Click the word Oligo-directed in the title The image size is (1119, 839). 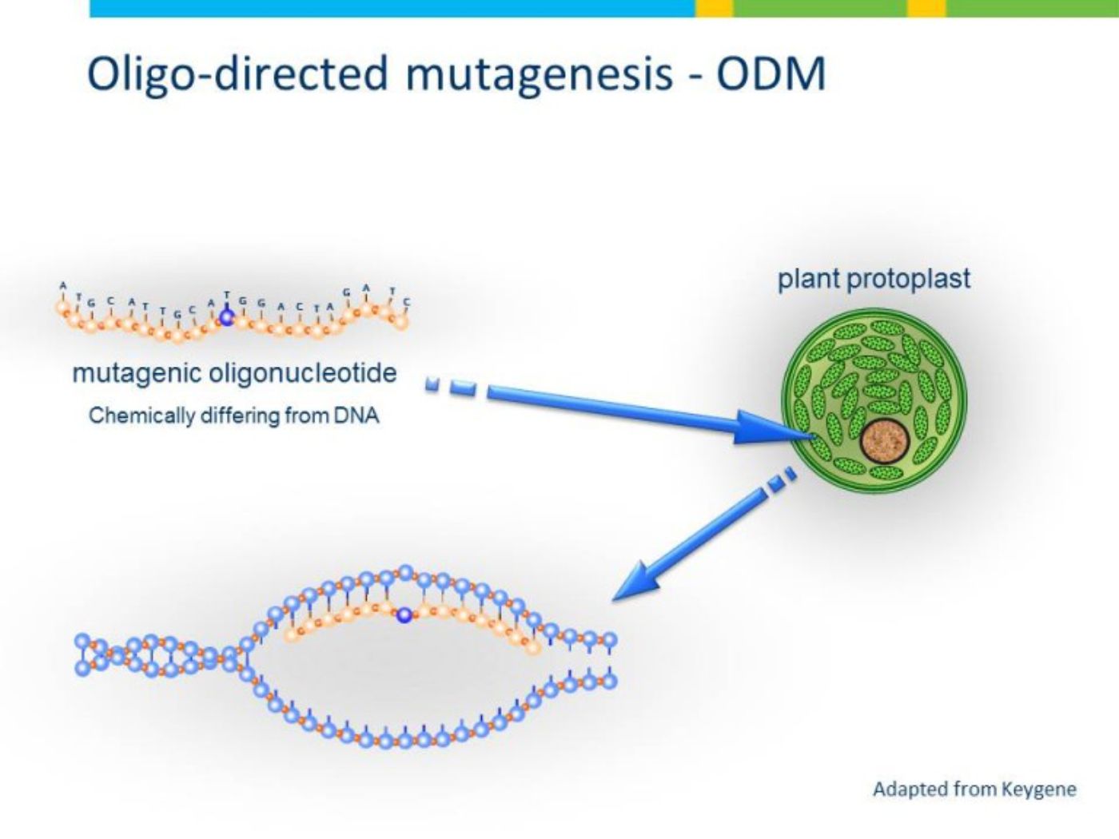[x=238, y=74]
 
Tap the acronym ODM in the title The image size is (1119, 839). [x=770, y=74]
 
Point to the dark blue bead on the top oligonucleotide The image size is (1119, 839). [x=226, y=318]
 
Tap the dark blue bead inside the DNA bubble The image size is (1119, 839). [x=405, y=614]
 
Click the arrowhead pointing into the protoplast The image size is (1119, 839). [x=763, y=428]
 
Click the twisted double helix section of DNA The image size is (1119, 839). [x=160, y=655]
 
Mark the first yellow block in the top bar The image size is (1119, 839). [x=714, y=8]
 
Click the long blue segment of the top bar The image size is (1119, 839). [x=392, y=8]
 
